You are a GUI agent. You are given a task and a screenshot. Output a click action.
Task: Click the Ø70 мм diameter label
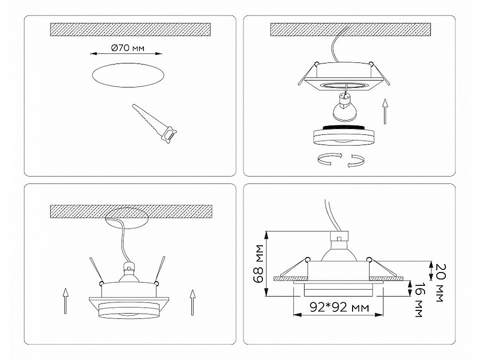point(127,48)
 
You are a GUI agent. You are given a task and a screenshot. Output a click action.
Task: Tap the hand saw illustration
point(155,124)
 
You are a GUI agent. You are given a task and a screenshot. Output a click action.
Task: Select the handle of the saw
point(170,135)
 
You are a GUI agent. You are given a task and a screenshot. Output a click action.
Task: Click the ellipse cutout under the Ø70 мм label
point(128,75)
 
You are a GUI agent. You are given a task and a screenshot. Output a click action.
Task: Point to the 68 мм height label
point(259,263)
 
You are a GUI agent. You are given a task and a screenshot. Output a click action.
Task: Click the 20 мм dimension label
point(440,283)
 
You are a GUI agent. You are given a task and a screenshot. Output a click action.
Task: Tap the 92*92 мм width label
point(339,307)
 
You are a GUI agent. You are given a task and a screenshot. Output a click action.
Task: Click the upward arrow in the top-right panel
point(385,111)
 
